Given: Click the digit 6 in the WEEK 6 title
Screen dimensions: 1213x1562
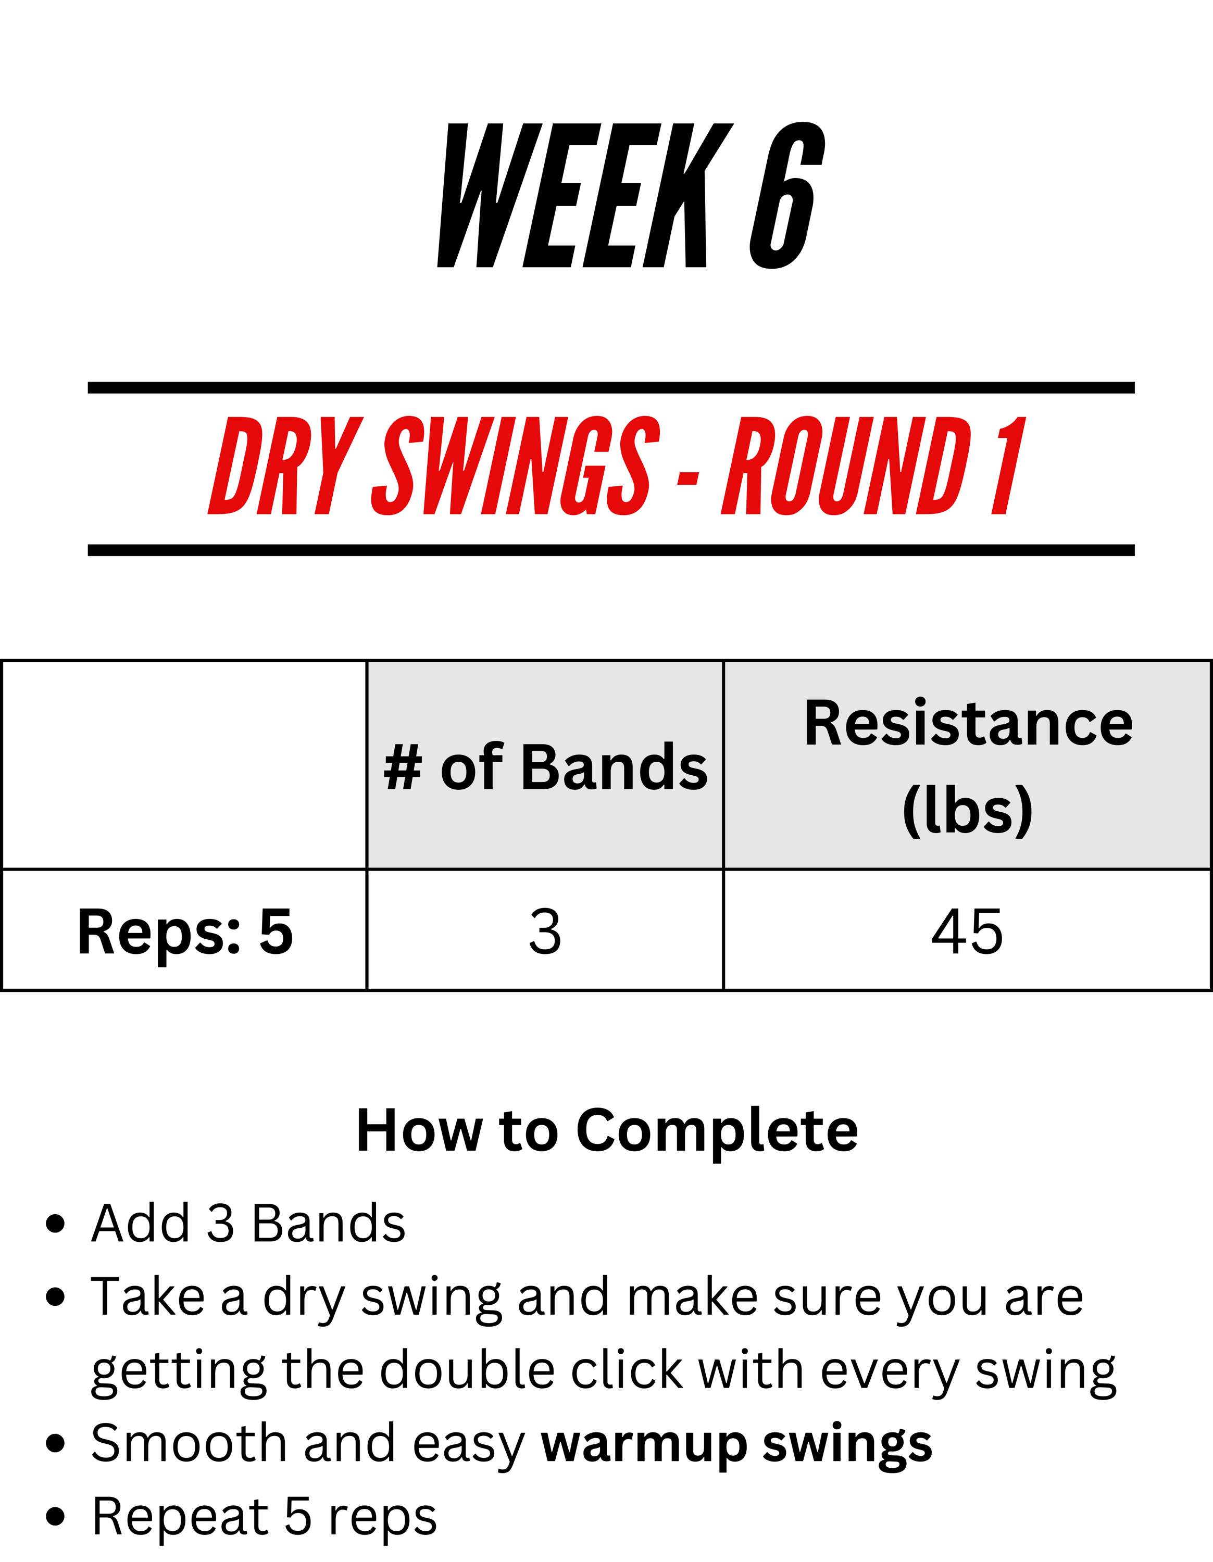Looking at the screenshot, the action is (787, 195).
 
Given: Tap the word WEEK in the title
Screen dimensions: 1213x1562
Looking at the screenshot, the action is (585, 195).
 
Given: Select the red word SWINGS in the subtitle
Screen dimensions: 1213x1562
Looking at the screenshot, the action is (516, 465).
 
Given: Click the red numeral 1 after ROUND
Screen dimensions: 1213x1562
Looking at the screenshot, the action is (1008, 465).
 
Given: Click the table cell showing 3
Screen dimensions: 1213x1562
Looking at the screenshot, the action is (545, 930).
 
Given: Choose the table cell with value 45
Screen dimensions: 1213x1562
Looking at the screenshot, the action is (967, 930).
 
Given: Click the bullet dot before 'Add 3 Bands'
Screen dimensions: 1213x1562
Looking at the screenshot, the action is (55, 1224).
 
